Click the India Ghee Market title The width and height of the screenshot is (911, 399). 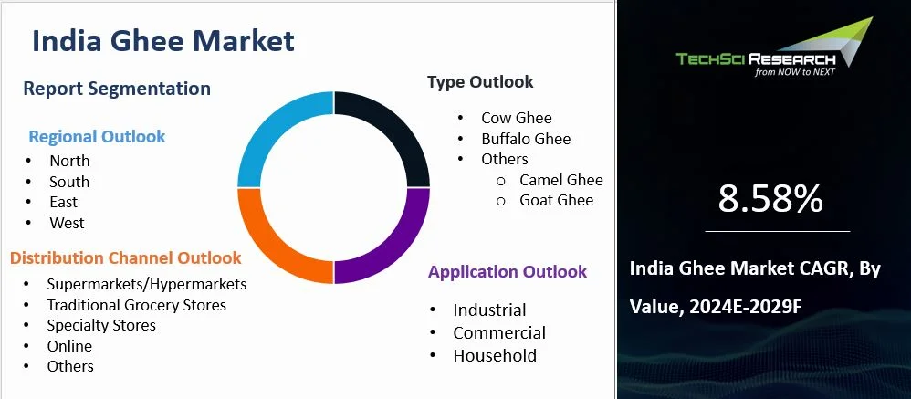coord(163,41)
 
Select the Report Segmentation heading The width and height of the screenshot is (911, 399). coord(117,89)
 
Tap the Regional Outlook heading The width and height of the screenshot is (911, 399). coord(97,137)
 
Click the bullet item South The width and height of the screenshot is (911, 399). coord(69,182)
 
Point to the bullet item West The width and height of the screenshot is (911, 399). coord(67,223)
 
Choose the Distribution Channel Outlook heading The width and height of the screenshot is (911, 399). coord(126,258)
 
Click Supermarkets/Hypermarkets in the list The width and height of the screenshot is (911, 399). coord(146,284)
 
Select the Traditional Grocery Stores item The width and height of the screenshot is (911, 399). coord(136,305)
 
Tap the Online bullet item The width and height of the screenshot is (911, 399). coord(69,346)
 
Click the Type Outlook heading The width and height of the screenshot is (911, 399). coord(480,82)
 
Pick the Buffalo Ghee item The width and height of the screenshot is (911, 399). coord(526,139)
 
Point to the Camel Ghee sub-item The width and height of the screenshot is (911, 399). coord(561,180)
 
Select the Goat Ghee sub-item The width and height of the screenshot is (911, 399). coord(557,200)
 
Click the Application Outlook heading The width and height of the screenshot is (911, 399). coord(508,272)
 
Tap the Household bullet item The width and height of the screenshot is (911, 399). coord(495,356)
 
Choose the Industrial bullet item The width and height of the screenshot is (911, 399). coord(489,310)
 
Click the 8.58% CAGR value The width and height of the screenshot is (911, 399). coord(770,198)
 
